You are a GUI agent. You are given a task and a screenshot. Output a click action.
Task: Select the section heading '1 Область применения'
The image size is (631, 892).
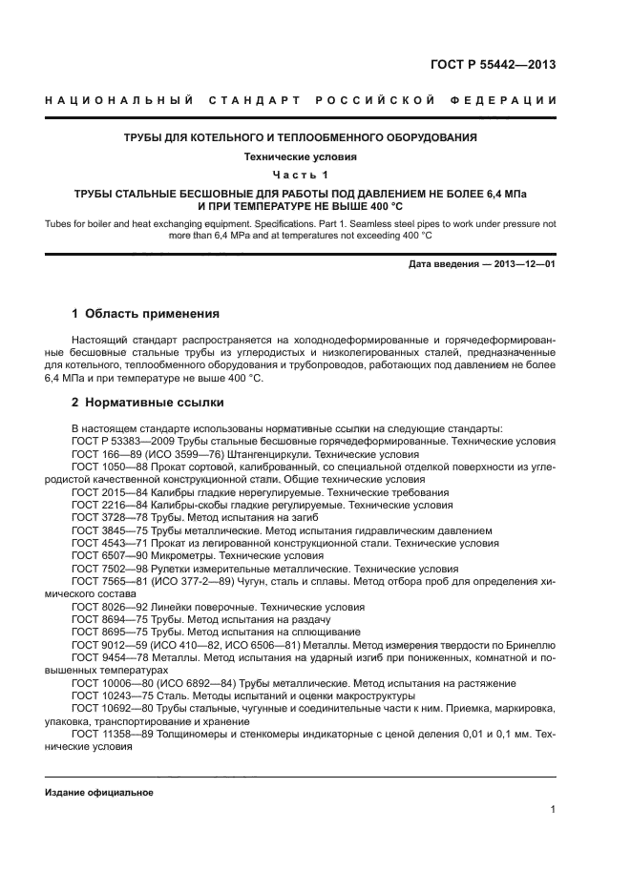coord(146,314)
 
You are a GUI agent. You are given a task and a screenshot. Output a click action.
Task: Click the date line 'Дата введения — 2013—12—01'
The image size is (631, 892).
coord(482,264)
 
